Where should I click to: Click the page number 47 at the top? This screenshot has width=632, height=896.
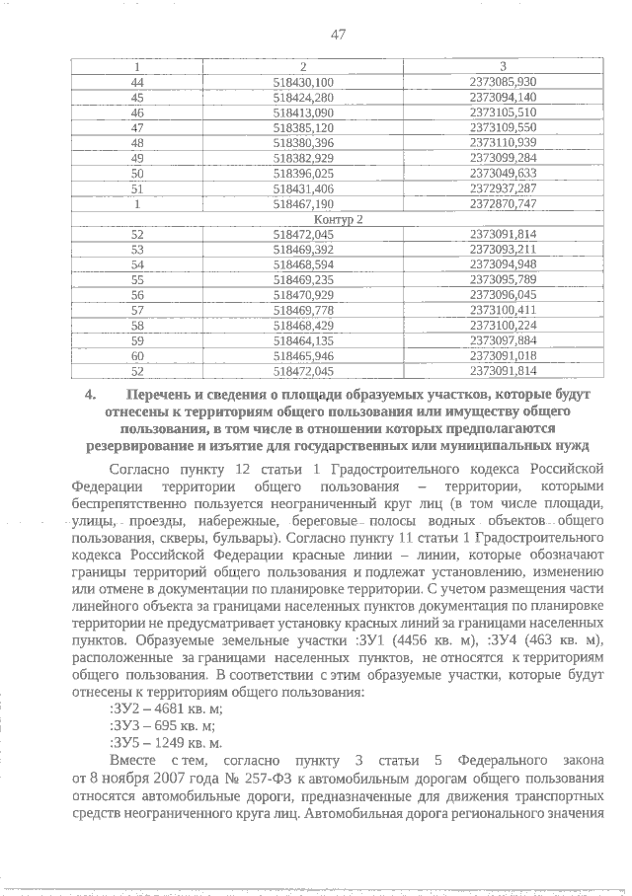pyautogui.click(x=338, y=35)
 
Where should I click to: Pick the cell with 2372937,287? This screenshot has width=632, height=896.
pyautogui.click(x=504, y=188)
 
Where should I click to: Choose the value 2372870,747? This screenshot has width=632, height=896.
pyautogui.click(x=504, y=203)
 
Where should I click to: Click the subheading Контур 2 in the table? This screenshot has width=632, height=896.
pyautogui.click(x=338, y=219)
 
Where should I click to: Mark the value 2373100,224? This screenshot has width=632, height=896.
pyautogui.click(x=504, y=326)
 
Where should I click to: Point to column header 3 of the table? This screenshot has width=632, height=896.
pyautogui.click(x=504, y=66)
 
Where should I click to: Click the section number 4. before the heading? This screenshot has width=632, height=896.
pyautogui.click(x=90, y=394)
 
